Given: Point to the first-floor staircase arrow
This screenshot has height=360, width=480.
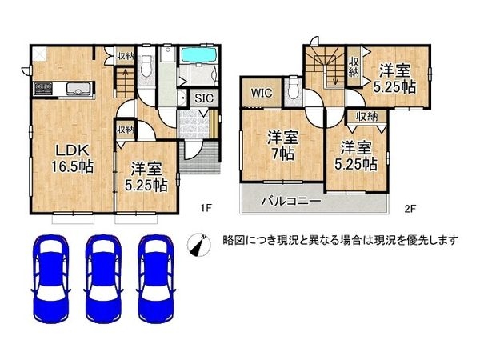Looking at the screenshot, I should [125, 80].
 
